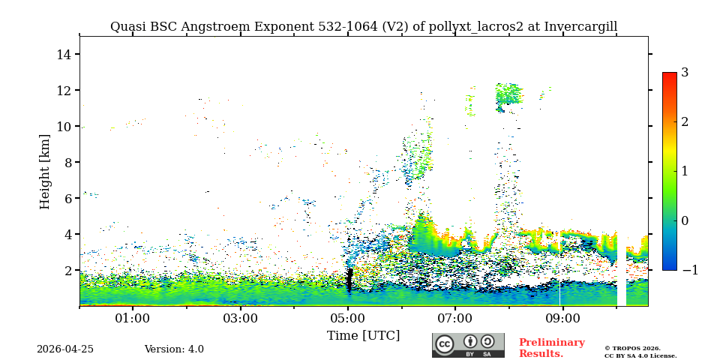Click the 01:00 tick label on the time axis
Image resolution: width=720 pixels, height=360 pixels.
click(133, 319)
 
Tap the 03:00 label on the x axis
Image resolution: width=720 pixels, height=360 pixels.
click(240, 319)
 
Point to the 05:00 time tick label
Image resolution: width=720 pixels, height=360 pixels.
click(348, 319)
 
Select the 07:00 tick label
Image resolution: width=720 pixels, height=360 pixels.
click(455, 319)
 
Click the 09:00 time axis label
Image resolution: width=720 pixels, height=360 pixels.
click(562, 319)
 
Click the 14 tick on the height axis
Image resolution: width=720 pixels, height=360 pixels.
click(64, 55)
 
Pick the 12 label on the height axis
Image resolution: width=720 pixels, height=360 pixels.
click(64, 91)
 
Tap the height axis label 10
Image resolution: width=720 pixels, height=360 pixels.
click(64, 127)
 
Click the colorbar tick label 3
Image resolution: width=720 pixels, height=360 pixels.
click(685, 73)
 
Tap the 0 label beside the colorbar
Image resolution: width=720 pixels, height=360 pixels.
click(685, 221)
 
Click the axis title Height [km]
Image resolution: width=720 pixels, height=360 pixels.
click(45, 171)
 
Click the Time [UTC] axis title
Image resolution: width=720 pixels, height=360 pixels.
click(363, 336)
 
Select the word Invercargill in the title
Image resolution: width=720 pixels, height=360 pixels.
click(580, 27)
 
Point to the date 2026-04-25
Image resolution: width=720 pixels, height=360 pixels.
click(65, 349)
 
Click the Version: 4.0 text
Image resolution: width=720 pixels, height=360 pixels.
click(174, 349)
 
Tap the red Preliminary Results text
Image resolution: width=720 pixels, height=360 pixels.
click(551, 348)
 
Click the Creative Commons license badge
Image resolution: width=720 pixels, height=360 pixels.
click(468, 345)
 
